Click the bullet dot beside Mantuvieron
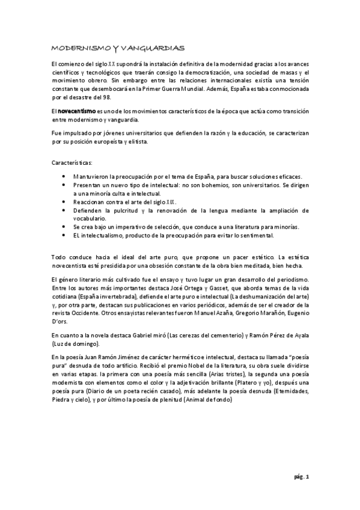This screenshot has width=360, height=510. pyautogui.click(x=64, y=176)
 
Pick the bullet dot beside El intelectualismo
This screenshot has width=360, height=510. pyautogui.click(x=64, y=235)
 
